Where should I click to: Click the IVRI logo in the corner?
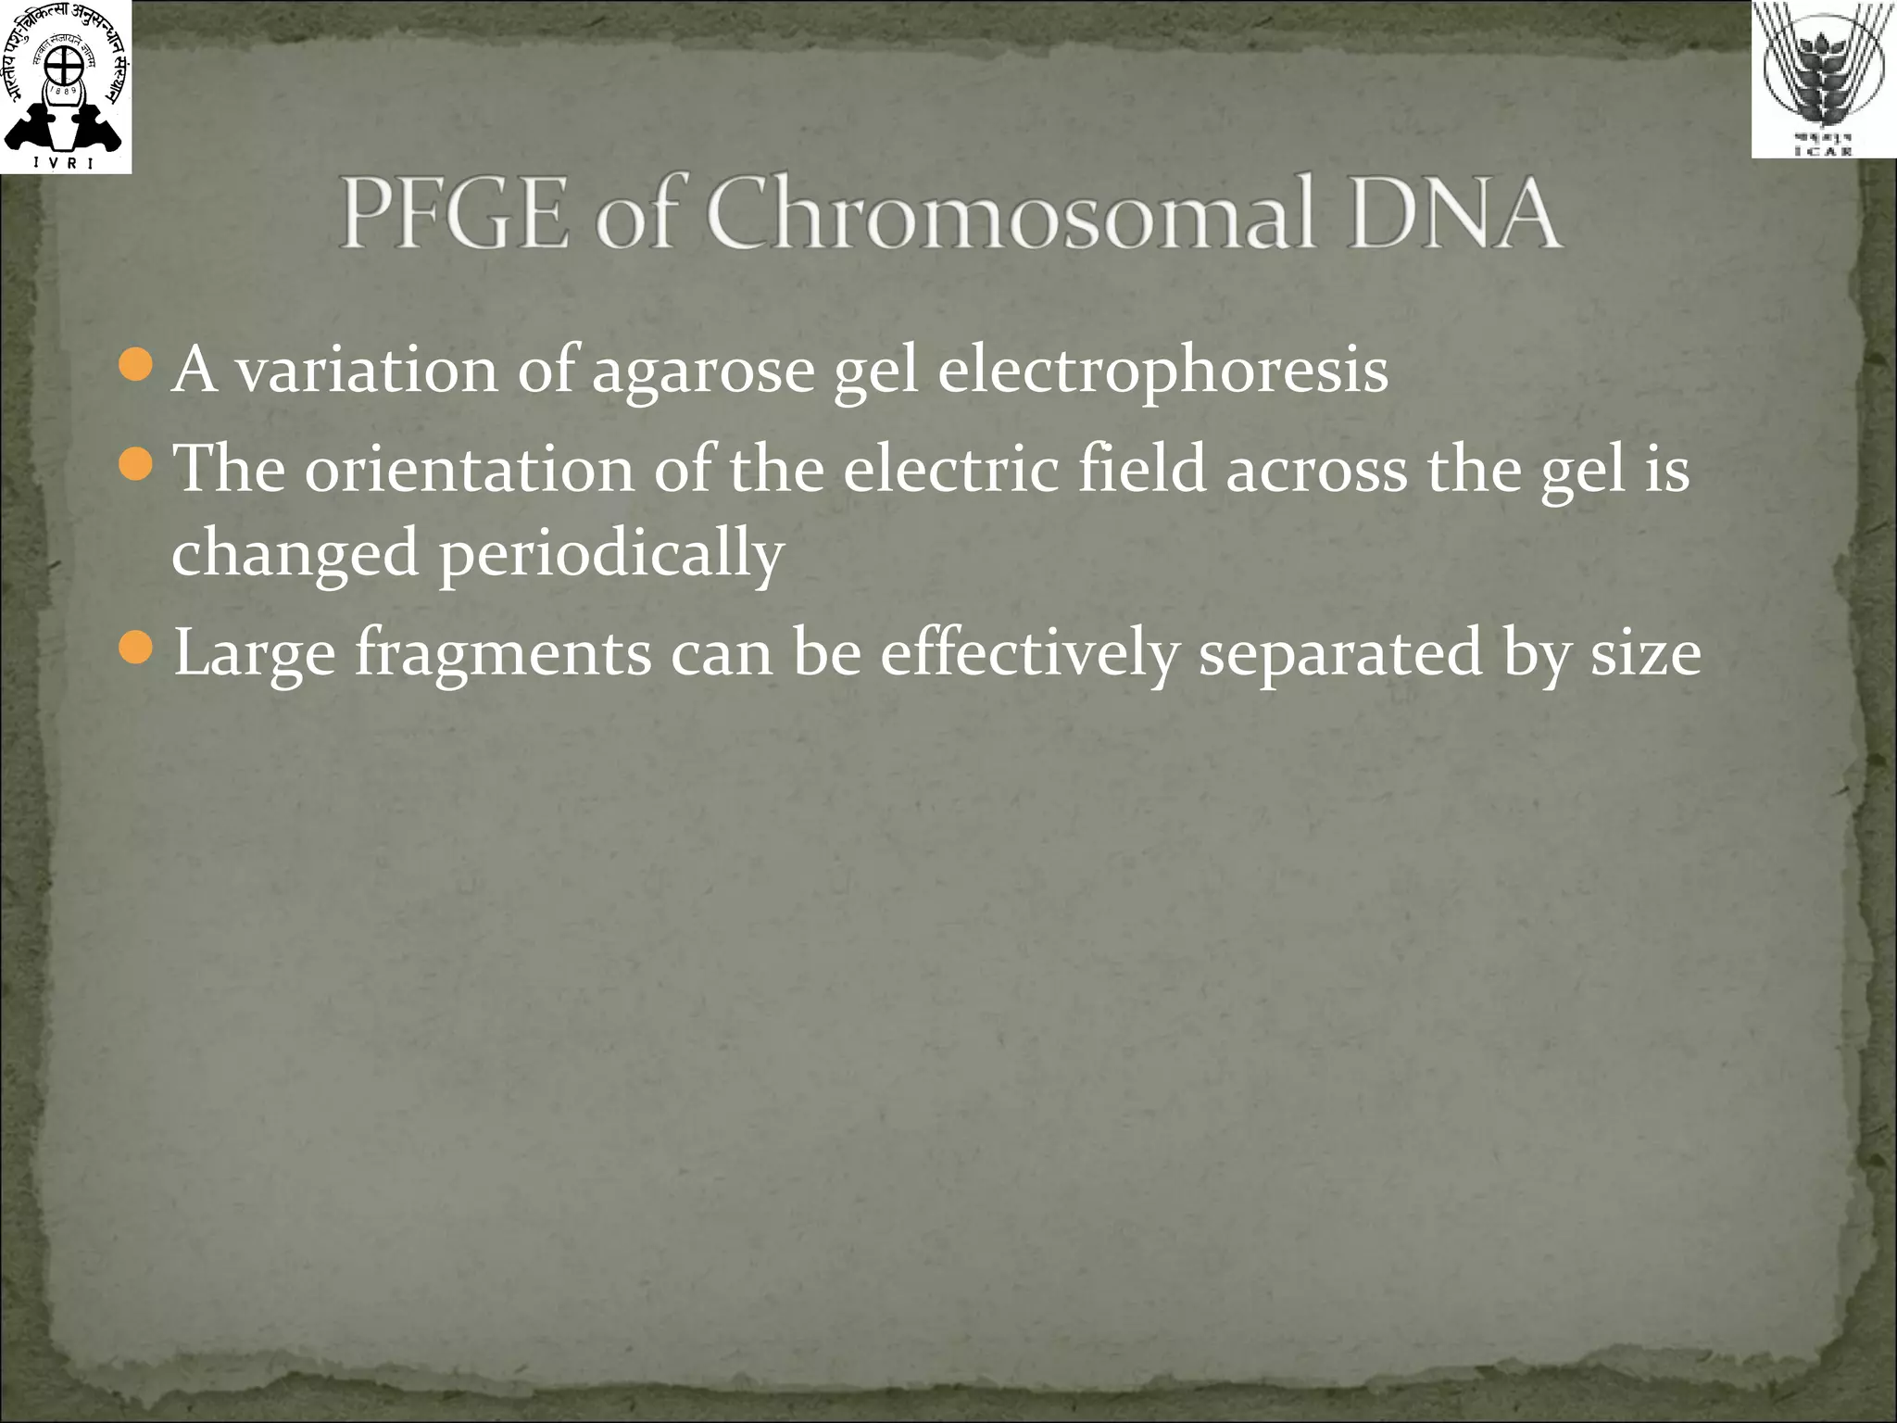[65, 86]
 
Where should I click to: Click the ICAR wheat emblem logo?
[1824, 79]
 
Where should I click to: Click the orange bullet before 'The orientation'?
[136, 463]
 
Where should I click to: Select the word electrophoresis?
[1162, 371]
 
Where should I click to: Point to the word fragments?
[504, 654]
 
